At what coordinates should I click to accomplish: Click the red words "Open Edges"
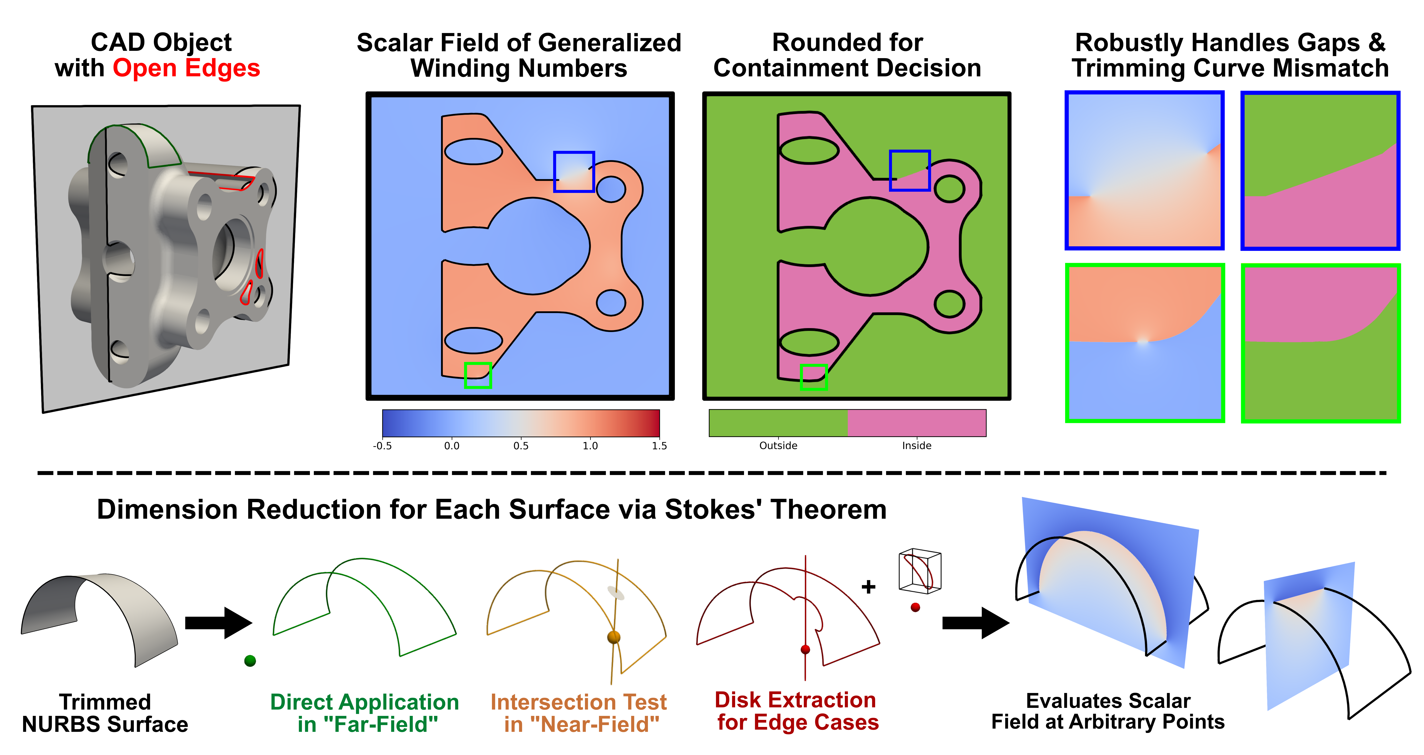point(186,69)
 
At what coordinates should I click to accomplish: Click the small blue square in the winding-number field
point(574,172)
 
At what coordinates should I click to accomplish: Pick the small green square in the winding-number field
point(478,375)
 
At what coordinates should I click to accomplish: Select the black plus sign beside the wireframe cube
point(868,586)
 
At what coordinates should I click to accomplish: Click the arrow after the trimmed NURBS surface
point(218,623)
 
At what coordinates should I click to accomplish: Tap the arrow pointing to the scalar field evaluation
point(976,623)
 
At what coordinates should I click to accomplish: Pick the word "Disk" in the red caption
point(737,700)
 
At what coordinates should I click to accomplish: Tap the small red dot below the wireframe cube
point(915,607)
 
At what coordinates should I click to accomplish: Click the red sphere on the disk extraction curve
point(805,649)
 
